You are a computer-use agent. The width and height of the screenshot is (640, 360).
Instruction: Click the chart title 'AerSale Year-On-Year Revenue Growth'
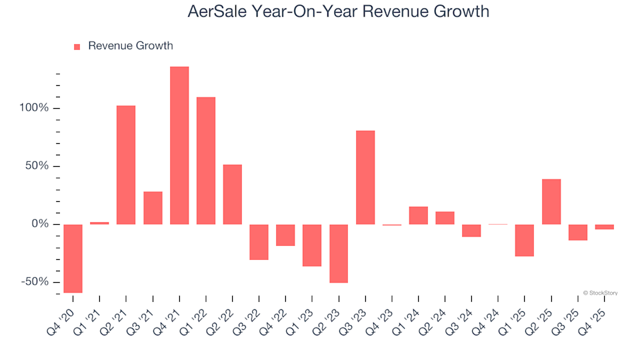pos(320,11)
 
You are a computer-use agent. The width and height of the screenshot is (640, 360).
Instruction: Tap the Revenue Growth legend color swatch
pos(77,47)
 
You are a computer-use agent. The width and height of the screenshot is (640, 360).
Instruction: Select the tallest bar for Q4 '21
pos(179,145)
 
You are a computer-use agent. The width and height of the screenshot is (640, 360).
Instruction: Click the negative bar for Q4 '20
pos(73,258)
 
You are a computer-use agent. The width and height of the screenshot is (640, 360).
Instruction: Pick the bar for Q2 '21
pos(126,165)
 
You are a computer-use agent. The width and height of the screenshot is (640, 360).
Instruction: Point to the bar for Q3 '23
pos(365,177)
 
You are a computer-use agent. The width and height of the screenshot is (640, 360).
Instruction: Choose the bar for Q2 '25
pos(551,201)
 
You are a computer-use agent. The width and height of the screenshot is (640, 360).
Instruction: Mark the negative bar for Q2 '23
pos(339,253)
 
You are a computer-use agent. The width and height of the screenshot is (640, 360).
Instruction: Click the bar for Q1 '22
pos(206,161)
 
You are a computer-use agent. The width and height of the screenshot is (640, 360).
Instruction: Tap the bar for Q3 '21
pos(153,208)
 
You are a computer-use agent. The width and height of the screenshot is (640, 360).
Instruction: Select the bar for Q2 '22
pos(233,194)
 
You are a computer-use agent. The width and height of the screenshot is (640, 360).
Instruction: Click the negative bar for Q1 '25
pos(525,240)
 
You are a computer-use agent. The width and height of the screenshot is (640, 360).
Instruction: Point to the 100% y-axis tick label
pos(35,108)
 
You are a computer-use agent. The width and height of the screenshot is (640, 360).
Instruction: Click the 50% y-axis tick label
pos(37,166)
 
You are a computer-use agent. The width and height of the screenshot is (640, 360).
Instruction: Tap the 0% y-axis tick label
pos(40,224)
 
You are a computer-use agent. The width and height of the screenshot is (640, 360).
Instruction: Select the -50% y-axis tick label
pos(35,282)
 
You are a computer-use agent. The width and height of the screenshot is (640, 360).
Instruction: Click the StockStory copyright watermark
pos(600,293)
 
